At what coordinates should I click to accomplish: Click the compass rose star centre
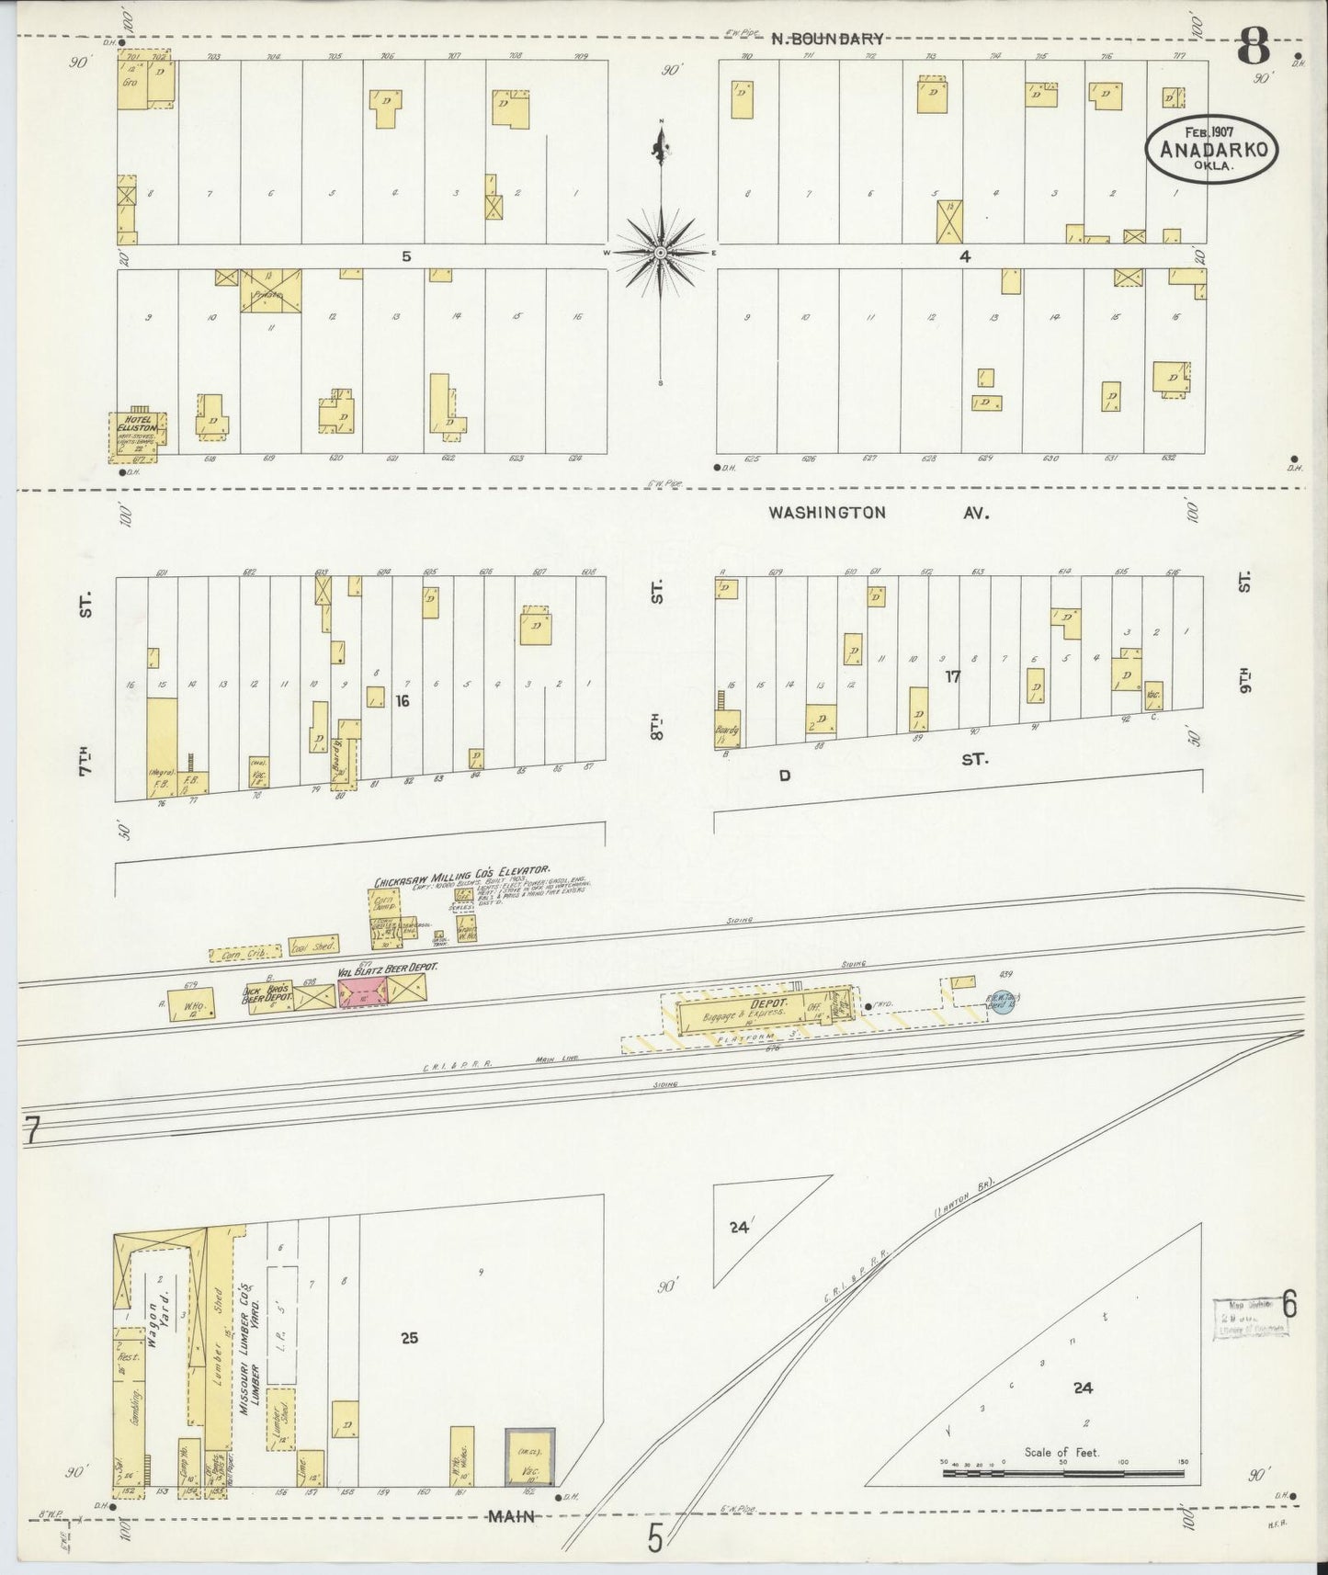(x=661, y=251)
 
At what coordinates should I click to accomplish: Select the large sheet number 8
(x=1254, y=46)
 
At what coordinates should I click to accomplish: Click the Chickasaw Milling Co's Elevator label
(x=461, y=874)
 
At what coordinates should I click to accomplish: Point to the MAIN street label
(x=511, y=1516)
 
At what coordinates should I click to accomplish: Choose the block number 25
(x=409, y=1338)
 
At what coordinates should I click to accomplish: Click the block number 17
(x=953, y=676)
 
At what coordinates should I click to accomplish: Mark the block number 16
(x=402, y=701)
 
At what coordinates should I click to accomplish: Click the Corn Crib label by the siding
(x=237, y=956)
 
